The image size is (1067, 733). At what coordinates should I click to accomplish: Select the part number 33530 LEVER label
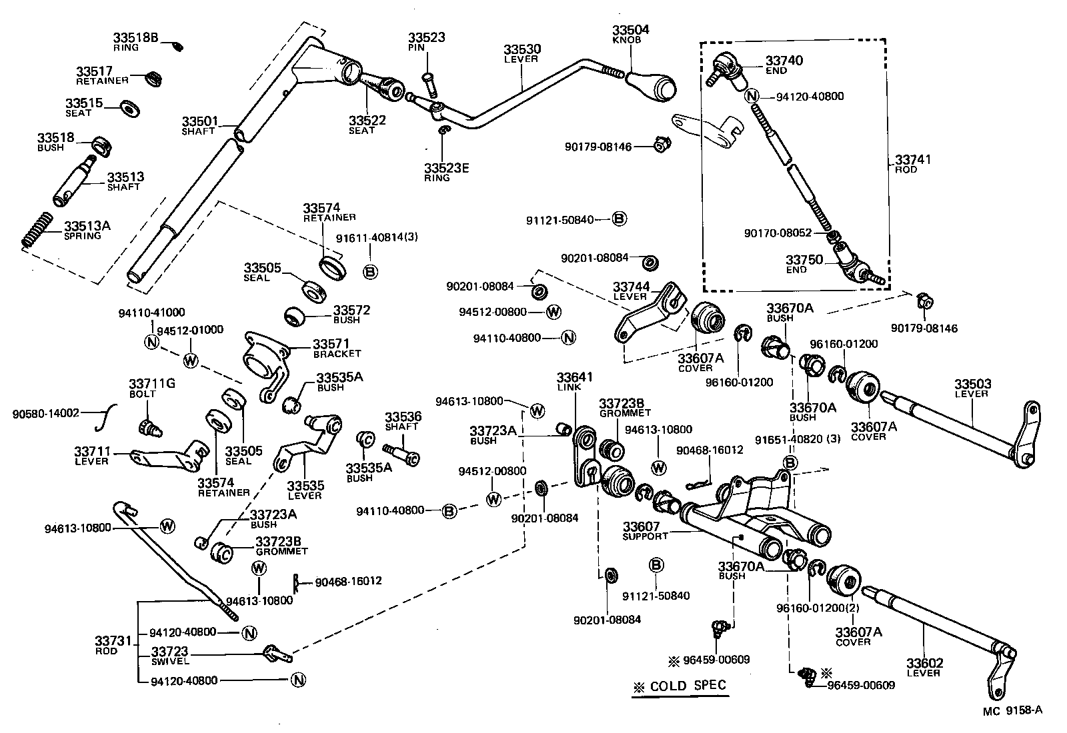click(522, 53)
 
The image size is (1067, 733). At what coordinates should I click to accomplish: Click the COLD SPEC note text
click(680, 686)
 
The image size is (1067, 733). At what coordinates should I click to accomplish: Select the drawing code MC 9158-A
click(1012, 710)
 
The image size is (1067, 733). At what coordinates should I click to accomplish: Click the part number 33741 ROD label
click(912, 164)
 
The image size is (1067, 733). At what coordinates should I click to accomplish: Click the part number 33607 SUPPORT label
click(645, 530)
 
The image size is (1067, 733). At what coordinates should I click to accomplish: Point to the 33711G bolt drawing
click(149, 427)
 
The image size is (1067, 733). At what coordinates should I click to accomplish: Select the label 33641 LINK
click(574, 381)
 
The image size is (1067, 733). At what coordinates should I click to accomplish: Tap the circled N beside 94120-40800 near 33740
click(752, 96)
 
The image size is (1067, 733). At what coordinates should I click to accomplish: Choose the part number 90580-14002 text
click(45, 413)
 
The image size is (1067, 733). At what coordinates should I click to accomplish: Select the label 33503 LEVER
click(972, 388)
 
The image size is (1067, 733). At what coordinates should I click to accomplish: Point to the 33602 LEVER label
click(924, 666)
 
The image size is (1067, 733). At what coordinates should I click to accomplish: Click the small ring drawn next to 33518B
click(178, 46)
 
